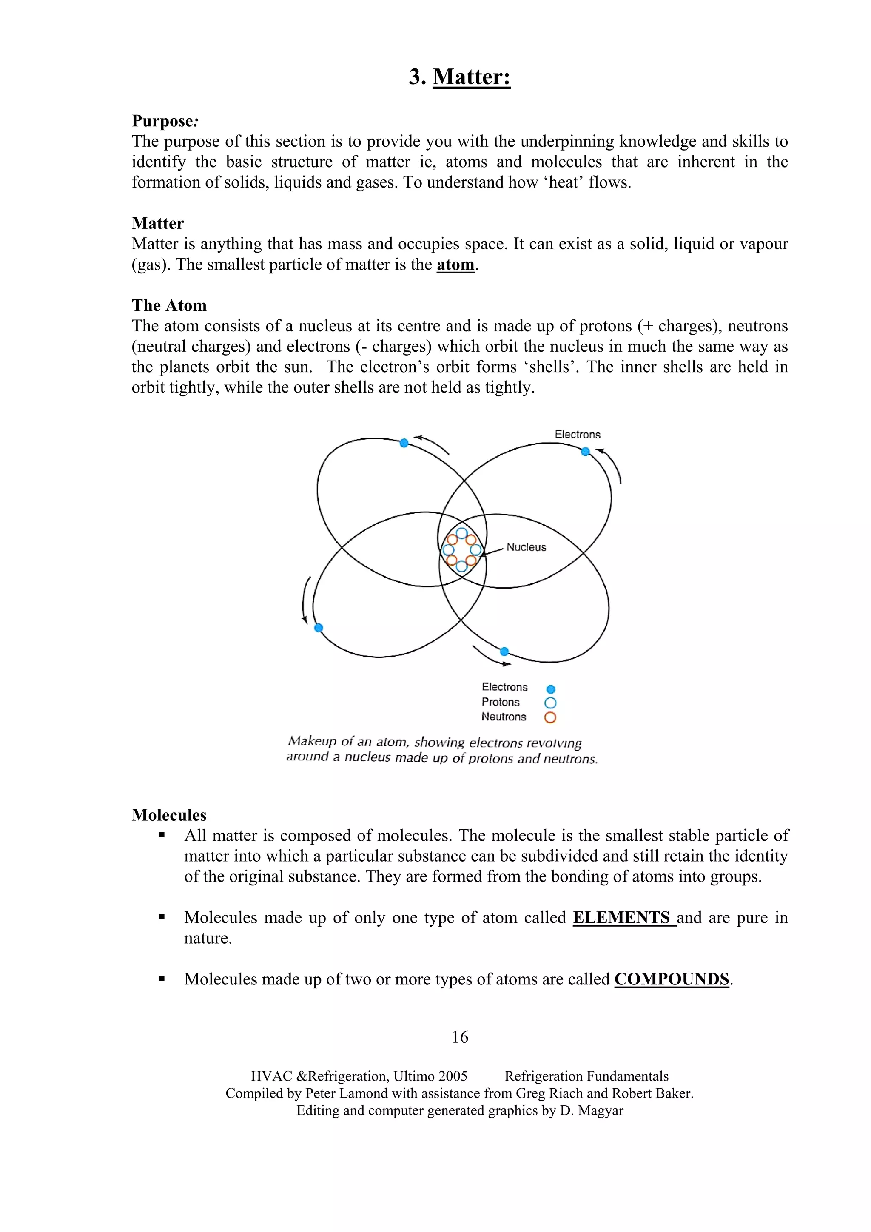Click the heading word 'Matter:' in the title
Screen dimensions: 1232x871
tap(471, 77)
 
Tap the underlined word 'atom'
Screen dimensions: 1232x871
tap(455, 265)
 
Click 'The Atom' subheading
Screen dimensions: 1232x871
tap(169, 305)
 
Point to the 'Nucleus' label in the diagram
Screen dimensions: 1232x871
tap(526, 547)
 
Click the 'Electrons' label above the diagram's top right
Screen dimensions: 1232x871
tap(578, 435)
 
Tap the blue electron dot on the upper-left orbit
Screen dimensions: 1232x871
tap(404, 443)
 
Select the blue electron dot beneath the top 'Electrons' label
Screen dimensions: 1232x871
tap(586, 451)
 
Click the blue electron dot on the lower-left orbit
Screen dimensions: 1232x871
tap(318, 627)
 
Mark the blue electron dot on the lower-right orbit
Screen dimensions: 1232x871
tap(504, 652)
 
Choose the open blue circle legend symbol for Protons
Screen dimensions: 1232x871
tap(550, 703)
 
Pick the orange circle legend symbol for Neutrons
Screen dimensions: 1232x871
tap(550, 717)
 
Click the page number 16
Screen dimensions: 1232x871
tap(460, 1037)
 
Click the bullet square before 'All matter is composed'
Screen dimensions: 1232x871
tap(162, 835)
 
